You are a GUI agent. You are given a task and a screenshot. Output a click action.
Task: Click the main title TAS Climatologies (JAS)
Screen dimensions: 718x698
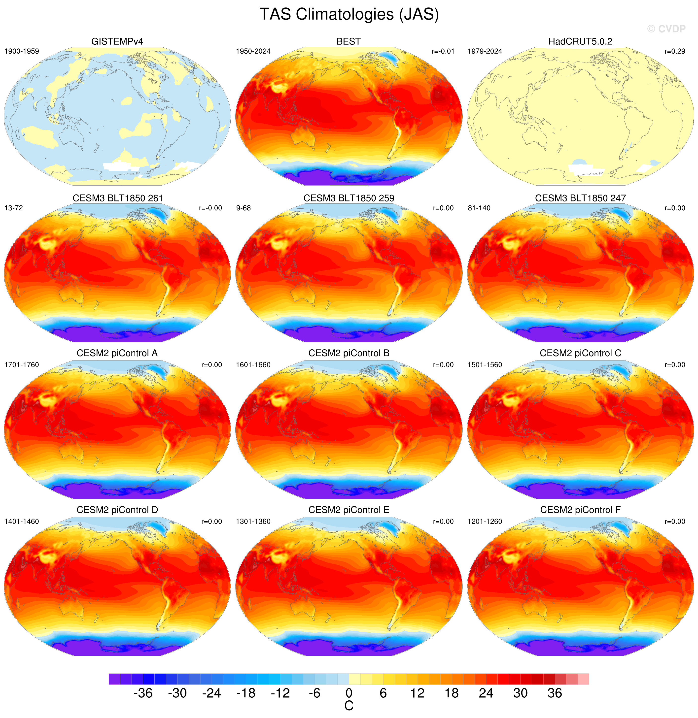coord(349,15)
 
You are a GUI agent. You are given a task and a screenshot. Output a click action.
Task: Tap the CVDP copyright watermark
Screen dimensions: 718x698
coord(666,29)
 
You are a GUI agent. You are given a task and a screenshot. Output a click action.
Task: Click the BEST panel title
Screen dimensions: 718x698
coord(349,41)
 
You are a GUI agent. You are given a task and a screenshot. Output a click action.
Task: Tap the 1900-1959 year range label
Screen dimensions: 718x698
coord(22,51)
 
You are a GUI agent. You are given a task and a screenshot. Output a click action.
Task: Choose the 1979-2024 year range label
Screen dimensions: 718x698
coord(485,51)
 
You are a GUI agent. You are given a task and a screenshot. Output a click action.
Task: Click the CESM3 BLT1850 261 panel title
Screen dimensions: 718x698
coord(117,198)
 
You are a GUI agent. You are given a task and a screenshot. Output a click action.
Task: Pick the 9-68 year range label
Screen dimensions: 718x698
coord(244,208)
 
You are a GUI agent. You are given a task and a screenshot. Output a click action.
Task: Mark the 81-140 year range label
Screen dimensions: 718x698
coord(479,208)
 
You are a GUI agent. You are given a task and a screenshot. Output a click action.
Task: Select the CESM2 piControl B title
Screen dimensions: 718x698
coord(349,353)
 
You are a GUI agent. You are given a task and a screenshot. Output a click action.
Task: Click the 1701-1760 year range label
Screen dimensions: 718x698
coord(22,365)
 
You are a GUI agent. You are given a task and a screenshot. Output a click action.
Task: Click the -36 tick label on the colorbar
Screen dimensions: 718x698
coord(143,693)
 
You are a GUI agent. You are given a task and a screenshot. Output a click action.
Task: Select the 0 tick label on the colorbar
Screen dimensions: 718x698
coord(349,693)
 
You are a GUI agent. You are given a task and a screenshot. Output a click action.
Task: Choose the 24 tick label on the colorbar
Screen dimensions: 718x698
coord(486,693)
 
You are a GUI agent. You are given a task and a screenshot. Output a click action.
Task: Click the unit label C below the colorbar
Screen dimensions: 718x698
coord(349,706)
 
